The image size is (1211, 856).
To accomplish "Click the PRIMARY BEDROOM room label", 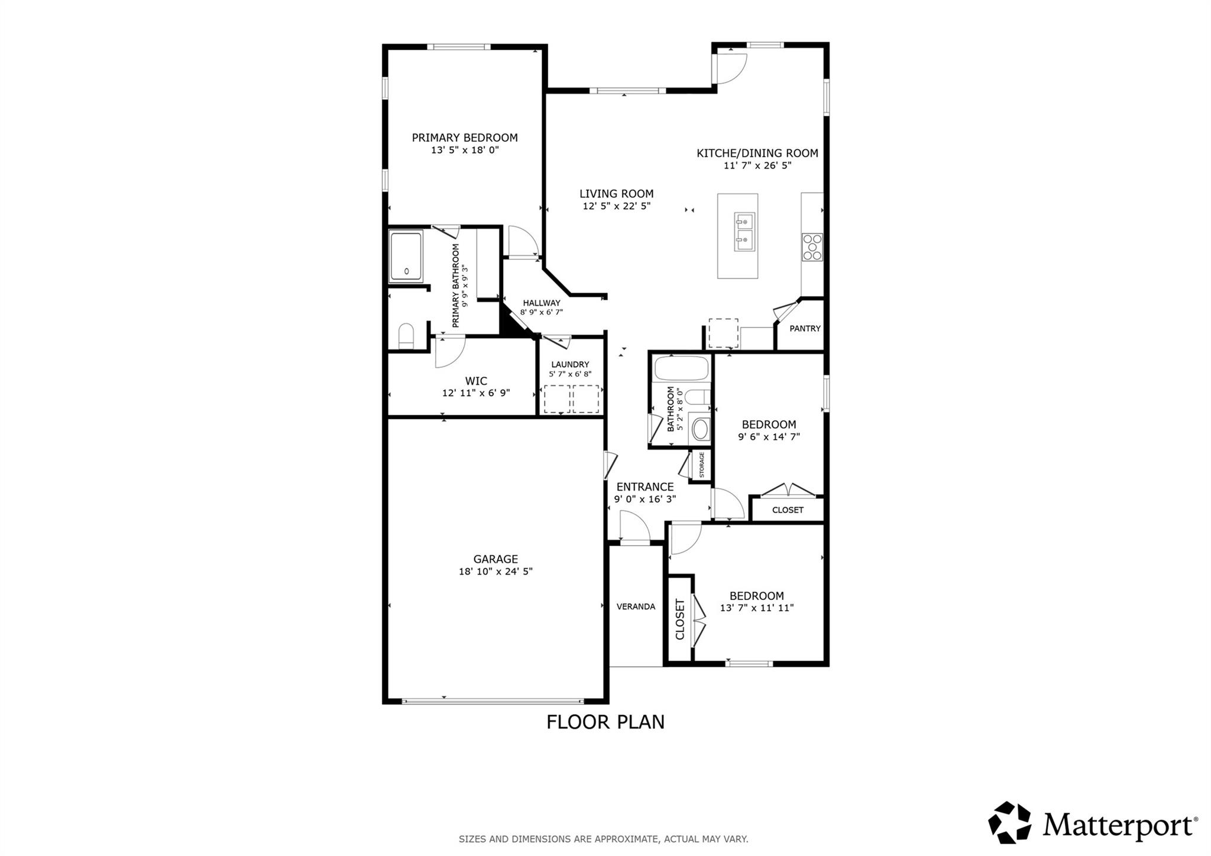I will point(465,138).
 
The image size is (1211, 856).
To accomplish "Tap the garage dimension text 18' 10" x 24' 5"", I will point(496,572).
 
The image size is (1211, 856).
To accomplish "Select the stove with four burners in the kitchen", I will point(812,247).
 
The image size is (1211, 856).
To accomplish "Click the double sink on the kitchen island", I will point(744,232).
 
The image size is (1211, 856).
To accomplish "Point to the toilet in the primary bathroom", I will point(406,336).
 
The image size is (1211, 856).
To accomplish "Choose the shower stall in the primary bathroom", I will point(406,257).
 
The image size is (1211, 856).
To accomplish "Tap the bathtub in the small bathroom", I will point(681,368).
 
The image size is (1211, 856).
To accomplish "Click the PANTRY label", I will point(805,329).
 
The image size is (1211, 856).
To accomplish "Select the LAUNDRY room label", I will point(570,365).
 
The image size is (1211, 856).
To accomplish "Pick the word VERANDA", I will point(636,607).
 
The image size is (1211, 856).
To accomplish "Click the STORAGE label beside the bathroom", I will point(702,465).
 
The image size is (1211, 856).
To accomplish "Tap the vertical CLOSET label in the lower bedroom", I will point(680,619).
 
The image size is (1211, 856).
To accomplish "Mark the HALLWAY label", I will point(541,303).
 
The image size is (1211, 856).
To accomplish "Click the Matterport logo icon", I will point(1009,822).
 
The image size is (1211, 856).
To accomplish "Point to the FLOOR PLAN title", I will point(605,722).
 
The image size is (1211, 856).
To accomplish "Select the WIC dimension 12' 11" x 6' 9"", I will point(475,393).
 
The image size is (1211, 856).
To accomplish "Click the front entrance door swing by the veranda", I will point(634,526).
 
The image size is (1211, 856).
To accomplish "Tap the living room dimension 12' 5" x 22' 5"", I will point(616,206).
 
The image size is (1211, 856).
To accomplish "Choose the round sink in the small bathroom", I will point(701,430).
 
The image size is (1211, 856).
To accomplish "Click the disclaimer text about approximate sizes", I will point(603,839).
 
